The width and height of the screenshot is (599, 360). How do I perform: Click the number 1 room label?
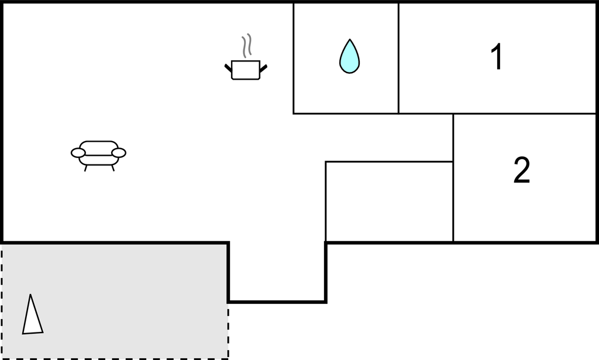pos(497,57)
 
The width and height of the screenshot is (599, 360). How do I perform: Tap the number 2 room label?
pos(522,170)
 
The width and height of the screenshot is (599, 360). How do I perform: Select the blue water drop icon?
pos(350,56)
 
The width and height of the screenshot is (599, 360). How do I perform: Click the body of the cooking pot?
pos(246,70)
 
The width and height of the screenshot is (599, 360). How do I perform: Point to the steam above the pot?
pos(247,46)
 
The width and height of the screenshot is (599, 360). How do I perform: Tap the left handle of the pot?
pos(229,68)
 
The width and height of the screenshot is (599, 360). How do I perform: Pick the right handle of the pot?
pos(263,68)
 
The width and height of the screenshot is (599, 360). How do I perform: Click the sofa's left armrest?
pos(78,153)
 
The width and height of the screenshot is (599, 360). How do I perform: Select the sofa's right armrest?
pos(119,153)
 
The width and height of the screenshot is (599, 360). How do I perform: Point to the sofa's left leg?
pos(85,168)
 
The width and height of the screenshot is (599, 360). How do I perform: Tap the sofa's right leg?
pos(113,168)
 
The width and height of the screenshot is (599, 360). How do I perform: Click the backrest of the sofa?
pos(98,147)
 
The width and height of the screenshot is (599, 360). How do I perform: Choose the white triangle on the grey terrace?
pos(32,314)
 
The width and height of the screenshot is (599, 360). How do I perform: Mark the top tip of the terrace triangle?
pos(30,294)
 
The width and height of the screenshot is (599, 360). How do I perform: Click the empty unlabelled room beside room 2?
pos(389,202)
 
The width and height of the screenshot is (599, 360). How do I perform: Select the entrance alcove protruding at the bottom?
pos(277,272)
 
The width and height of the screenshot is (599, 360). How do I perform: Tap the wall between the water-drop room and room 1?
pos(398,58)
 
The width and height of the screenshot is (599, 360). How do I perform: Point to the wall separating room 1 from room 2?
pos(525,114)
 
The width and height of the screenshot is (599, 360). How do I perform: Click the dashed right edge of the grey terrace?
pos(229,331)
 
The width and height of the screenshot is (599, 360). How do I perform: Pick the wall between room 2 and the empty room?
pos(453,178)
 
